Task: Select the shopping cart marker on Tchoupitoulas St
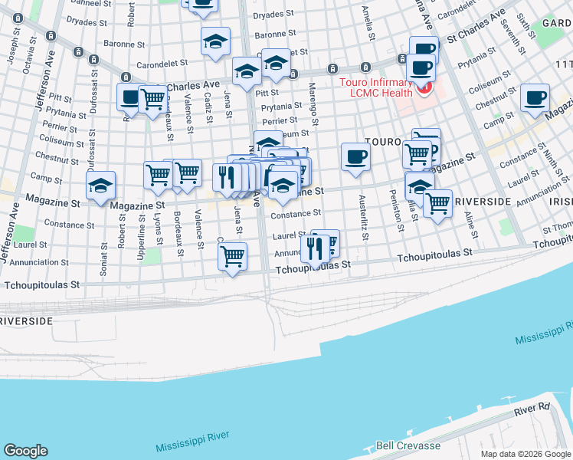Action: pyautogui.click(x=232, y=256)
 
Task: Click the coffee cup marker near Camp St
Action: pyautogui.click(x=535, y=98)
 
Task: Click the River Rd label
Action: pyautogui.click(x=532, y=412)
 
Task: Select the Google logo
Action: pyautogui.click(x=25, y=451)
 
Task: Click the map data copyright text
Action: pyautogui.click(x=525, y=454)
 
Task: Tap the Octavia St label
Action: pyautogui.click(x=29, y=58)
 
